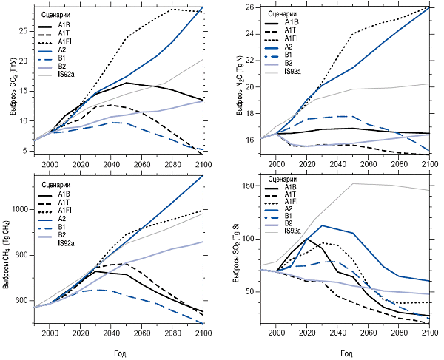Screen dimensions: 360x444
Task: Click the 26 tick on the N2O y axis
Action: tap(249, 7)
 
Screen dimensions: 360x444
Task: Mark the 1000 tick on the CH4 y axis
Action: tap(22, 211)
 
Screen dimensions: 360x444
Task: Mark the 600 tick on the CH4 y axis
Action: tap(24, 301)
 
